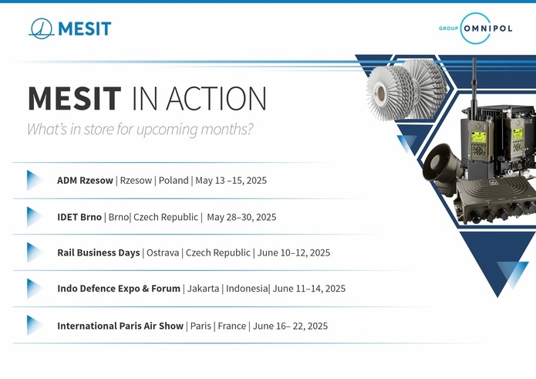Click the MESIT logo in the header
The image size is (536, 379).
pos(70,28)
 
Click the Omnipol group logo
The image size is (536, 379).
pos(476,28)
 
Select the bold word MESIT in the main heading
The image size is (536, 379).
pos(75,98)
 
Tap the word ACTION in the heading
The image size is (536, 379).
pos(216,98)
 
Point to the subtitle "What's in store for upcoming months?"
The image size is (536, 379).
pos(140,130)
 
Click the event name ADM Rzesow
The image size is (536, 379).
pos(85,181)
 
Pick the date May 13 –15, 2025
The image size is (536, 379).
pos(231,181)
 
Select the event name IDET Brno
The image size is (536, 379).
pos(79,217)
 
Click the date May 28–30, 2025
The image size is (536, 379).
pos(241,217)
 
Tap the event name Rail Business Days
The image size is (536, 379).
pos(99,252)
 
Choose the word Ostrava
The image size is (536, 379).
pos(163,252)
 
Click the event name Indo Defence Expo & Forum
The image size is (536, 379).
pos(119,289)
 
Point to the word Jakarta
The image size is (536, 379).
pos(203,289)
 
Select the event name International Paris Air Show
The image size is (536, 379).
pos(120,326)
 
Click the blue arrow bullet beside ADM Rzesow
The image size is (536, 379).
pos(34,181)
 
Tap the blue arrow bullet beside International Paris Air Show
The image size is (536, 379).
pos(34,325)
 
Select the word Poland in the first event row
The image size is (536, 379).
pos(174,181)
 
